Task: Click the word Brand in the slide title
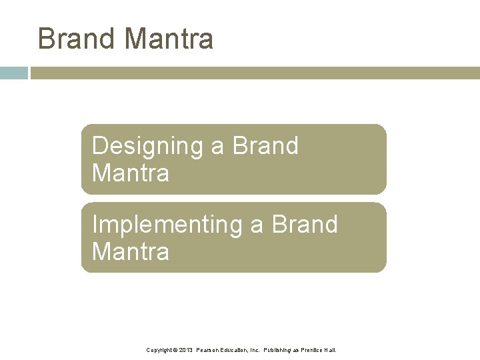[77, 39]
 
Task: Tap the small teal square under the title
[13, 73]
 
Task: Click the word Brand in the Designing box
[265, 145]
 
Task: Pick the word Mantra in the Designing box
[131, 173]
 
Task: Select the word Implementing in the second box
[168, 225]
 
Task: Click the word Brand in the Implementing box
[305, 224]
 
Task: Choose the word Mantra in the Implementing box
[131, 252]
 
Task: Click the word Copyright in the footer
[159, 350]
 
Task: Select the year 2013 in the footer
[186, 350]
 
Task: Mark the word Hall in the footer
[331, 350]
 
